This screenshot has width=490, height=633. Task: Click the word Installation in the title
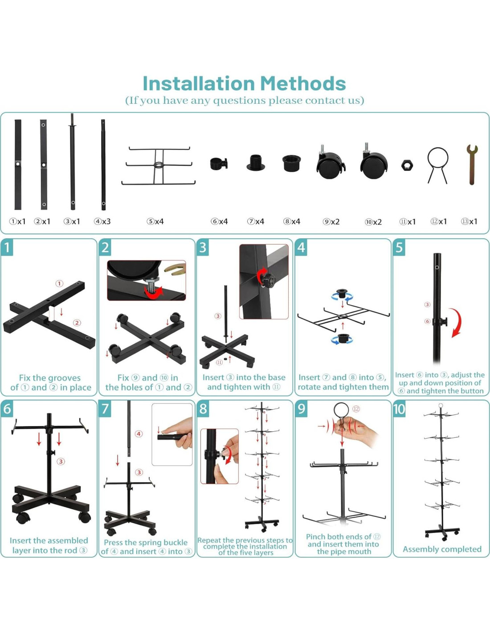click(199, 84)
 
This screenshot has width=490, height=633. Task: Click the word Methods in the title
click(303, 84)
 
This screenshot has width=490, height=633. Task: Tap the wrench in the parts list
click(472, 165)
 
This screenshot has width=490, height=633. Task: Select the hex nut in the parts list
click(407, 165)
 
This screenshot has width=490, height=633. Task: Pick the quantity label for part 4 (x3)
click(102, 221)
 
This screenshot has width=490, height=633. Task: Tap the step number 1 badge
click(7, 248)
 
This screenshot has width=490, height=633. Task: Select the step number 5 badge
click(399, 248)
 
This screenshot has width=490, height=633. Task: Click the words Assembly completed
click(442, 549)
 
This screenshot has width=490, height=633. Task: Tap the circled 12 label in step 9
click(356, 409)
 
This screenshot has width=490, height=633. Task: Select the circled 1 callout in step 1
click(59, 284)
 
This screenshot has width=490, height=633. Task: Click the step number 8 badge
click(203, 409)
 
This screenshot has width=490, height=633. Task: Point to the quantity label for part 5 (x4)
click(155, 221)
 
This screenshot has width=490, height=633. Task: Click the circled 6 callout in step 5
click(427, 321)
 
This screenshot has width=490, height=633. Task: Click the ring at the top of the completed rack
click(441, 405)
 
